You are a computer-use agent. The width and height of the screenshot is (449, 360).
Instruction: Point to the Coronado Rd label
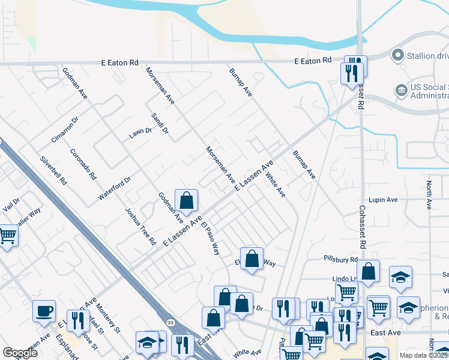pyautogui.click(x=83, y=164)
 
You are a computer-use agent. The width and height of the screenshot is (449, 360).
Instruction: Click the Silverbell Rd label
pyautogui.click(x=53, y=170)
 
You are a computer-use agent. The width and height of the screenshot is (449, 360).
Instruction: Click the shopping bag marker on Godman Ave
pyautogui.click(x=187, y=200)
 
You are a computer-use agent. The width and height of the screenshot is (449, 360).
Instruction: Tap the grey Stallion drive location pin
pyautogui.click(x=397, y=56)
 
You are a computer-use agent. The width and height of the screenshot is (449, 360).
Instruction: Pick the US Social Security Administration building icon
pyautogui.click(x=400, y=91)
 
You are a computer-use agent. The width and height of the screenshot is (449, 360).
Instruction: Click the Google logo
pyautogui.click(x=20, y=353)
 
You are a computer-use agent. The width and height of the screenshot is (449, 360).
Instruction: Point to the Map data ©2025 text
pyautogui.click(x=423, y=355)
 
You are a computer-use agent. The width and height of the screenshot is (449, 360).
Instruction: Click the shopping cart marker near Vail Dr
pyautogui.click(x=7, y=236)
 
